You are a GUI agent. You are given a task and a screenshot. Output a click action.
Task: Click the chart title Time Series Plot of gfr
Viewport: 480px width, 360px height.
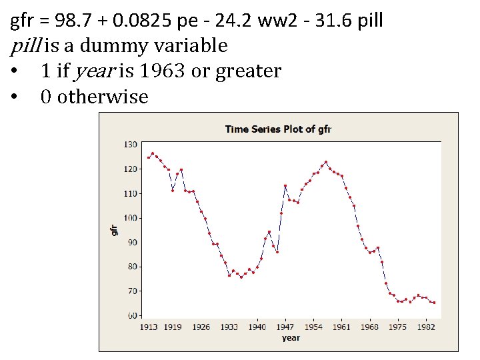click(x=278, y=129)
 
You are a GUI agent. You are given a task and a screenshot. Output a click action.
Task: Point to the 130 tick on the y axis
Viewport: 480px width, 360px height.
click(x=130, y=145)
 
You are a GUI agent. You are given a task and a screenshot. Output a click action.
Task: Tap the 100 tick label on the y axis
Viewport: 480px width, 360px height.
click(x=130, y=218)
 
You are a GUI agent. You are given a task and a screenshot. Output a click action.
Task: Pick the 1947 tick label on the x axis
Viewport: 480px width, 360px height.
click(x=285, y=327)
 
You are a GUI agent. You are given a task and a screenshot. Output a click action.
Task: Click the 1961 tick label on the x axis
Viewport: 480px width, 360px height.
click(x=341, y=327)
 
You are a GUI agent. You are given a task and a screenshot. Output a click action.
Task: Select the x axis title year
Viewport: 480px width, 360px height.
click(x=291, y=338)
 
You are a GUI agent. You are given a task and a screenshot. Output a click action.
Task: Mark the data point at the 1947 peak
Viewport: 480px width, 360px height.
click(x=285, y=186)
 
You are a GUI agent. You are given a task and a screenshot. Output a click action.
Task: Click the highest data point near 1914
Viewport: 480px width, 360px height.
click(x=153, y=153)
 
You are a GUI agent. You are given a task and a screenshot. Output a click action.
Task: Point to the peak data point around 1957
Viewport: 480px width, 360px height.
click(x=326, y=162)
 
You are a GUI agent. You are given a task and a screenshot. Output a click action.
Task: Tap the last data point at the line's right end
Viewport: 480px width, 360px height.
click(x=435, y=303)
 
